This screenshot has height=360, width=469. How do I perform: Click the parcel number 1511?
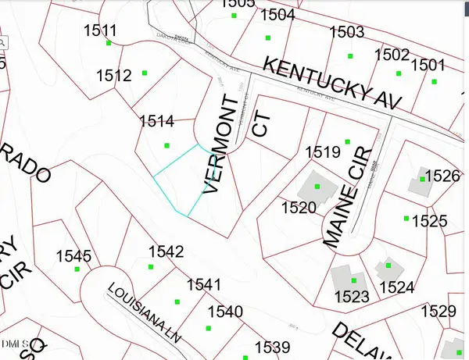coord(99,31)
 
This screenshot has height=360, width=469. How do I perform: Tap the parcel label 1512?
coord(113,75)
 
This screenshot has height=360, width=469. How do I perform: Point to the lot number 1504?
coord(277,15)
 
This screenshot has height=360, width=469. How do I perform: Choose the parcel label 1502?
coord(392,54)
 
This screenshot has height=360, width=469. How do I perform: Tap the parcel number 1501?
coord(428,65)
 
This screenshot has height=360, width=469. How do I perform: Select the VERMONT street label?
coord(222,144)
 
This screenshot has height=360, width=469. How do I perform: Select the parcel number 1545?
coord(73,256)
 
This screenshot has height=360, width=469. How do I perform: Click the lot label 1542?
coord(166,251)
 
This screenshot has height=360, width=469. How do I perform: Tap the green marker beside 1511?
coord(109,44)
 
